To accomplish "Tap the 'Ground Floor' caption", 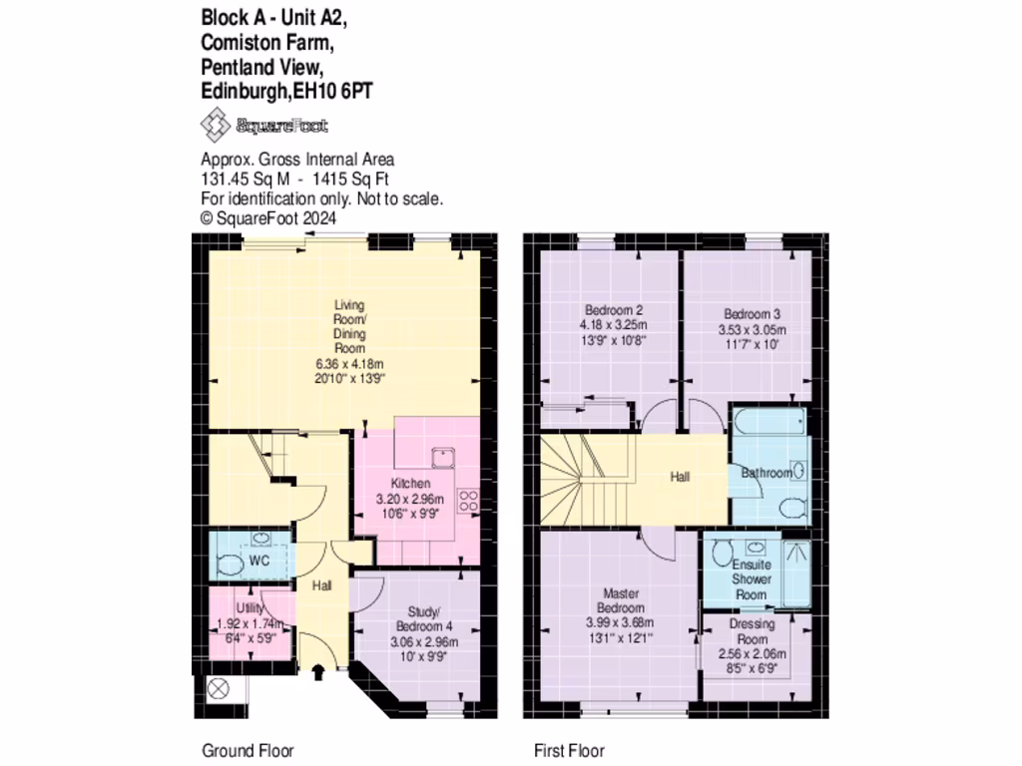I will [249, 751].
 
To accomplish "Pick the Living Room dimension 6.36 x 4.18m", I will [349, 364].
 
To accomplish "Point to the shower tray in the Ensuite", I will [795, 573].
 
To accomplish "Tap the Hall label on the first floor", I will [680, 478].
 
